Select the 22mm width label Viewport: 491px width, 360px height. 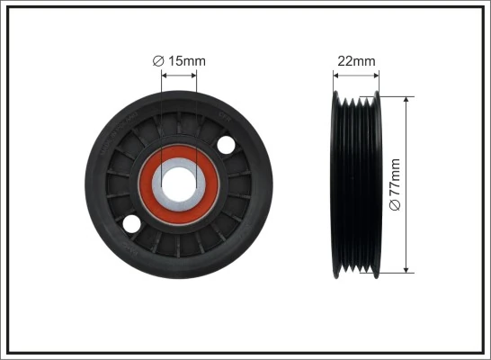(x=357, y=61)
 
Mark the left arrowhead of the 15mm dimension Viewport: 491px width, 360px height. (x=164, y=75)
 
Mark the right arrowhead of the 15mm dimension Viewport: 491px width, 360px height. (x=193, y=75)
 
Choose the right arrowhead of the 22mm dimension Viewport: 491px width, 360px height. (x=376, y=75)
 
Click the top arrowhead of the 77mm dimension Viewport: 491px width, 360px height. (x=407, y=101)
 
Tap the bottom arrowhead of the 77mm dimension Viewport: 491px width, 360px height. (x=407, y=267)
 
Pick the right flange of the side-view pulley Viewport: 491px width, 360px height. (x=377, y=184)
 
